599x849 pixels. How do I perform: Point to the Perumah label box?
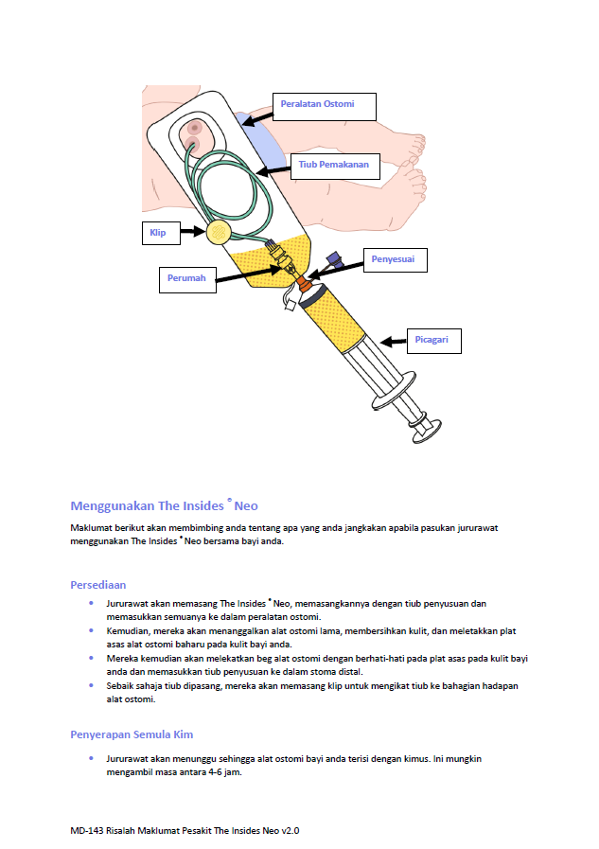pyautogui.click(x=185, y=279)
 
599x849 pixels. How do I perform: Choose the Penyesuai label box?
pyautogui.click(x=392, y=259)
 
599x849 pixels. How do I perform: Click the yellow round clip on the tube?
pyautogui.click(x=219, y=231)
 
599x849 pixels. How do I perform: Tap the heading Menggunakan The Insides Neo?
pyautogui.click(x=164, y=505)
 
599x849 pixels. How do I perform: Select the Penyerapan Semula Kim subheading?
pyautogui.click(x=132, y=734)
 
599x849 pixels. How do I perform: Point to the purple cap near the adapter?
pyautogui.click(x=333, y=258)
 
